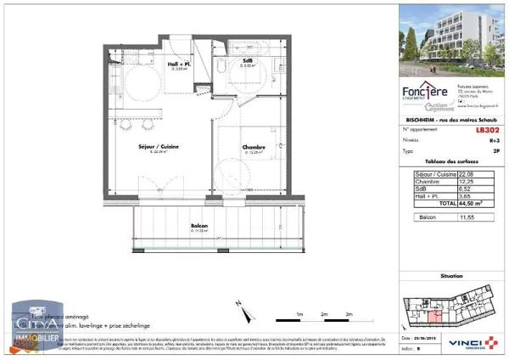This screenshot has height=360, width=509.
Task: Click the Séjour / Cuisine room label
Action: pos(158,146)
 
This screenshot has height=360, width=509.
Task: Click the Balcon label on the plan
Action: pos(200,227)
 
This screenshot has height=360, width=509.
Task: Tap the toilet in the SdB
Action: pos(220,67)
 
